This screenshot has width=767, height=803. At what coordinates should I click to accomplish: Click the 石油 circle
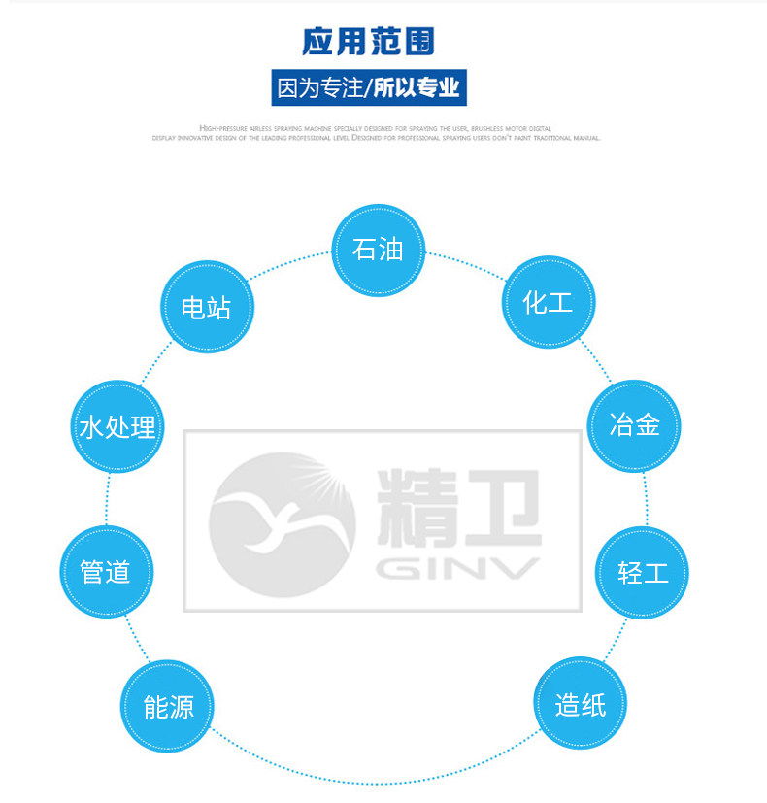click(379, 251)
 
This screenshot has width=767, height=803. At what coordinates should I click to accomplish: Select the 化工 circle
click(548, 303)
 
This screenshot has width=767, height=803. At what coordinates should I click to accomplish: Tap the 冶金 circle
click(635, 425)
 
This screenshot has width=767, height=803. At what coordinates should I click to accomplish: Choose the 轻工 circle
click(642, 572)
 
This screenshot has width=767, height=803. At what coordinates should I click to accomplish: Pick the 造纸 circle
click(581, 704)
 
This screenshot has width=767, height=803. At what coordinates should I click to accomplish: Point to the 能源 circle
click(168, 706)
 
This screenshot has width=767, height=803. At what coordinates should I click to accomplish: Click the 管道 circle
click(106, 571)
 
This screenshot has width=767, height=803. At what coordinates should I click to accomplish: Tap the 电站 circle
click(206, 309)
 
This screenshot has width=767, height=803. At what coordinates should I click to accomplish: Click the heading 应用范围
click(368, 42)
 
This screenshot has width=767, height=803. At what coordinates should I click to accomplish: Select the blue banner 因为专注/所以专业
click(368, 88)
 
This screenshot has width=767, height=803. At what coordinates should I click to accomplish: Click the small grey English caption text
click(377, 133)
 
